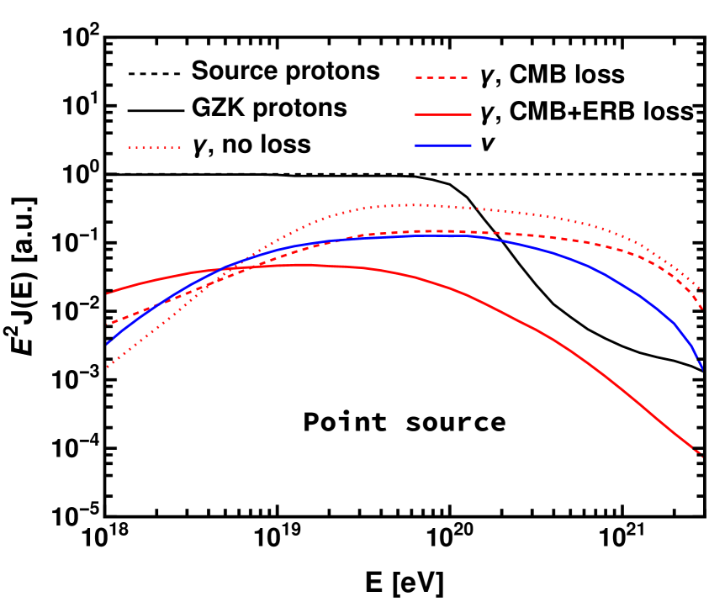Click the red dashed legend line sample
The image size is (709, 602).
coord(441,77)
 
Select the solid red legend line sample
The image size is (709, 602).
coord(442,114)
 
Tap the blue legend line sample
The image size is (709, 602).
coord(442,145)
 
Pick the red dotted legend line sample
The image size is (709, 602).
coord(155,147)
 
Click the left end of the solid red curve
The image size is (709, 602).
coord(108,293)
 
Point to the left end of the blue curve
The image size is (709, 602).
coord(108,344)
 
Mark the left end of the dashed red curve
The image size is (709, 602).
coord(108,324)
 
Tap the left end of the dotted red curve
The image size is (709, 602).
coord(108,367)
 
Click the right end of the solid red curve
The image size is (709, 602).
coord(701,457)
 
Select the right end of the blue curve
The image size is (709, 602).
coord(701,367)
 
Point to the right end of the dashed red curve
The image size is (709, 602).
coord(701,309)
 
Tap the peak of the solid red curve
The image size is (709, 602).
coord(301,264)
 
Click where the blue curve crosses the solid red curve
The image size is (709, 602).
coord(223,269)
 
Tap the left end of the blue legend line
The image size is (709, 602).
coord(415,145)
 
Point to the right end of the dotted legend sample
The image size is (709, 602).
coord(181,147)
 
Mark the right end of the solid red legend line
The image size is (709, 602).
coord(471,114)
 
